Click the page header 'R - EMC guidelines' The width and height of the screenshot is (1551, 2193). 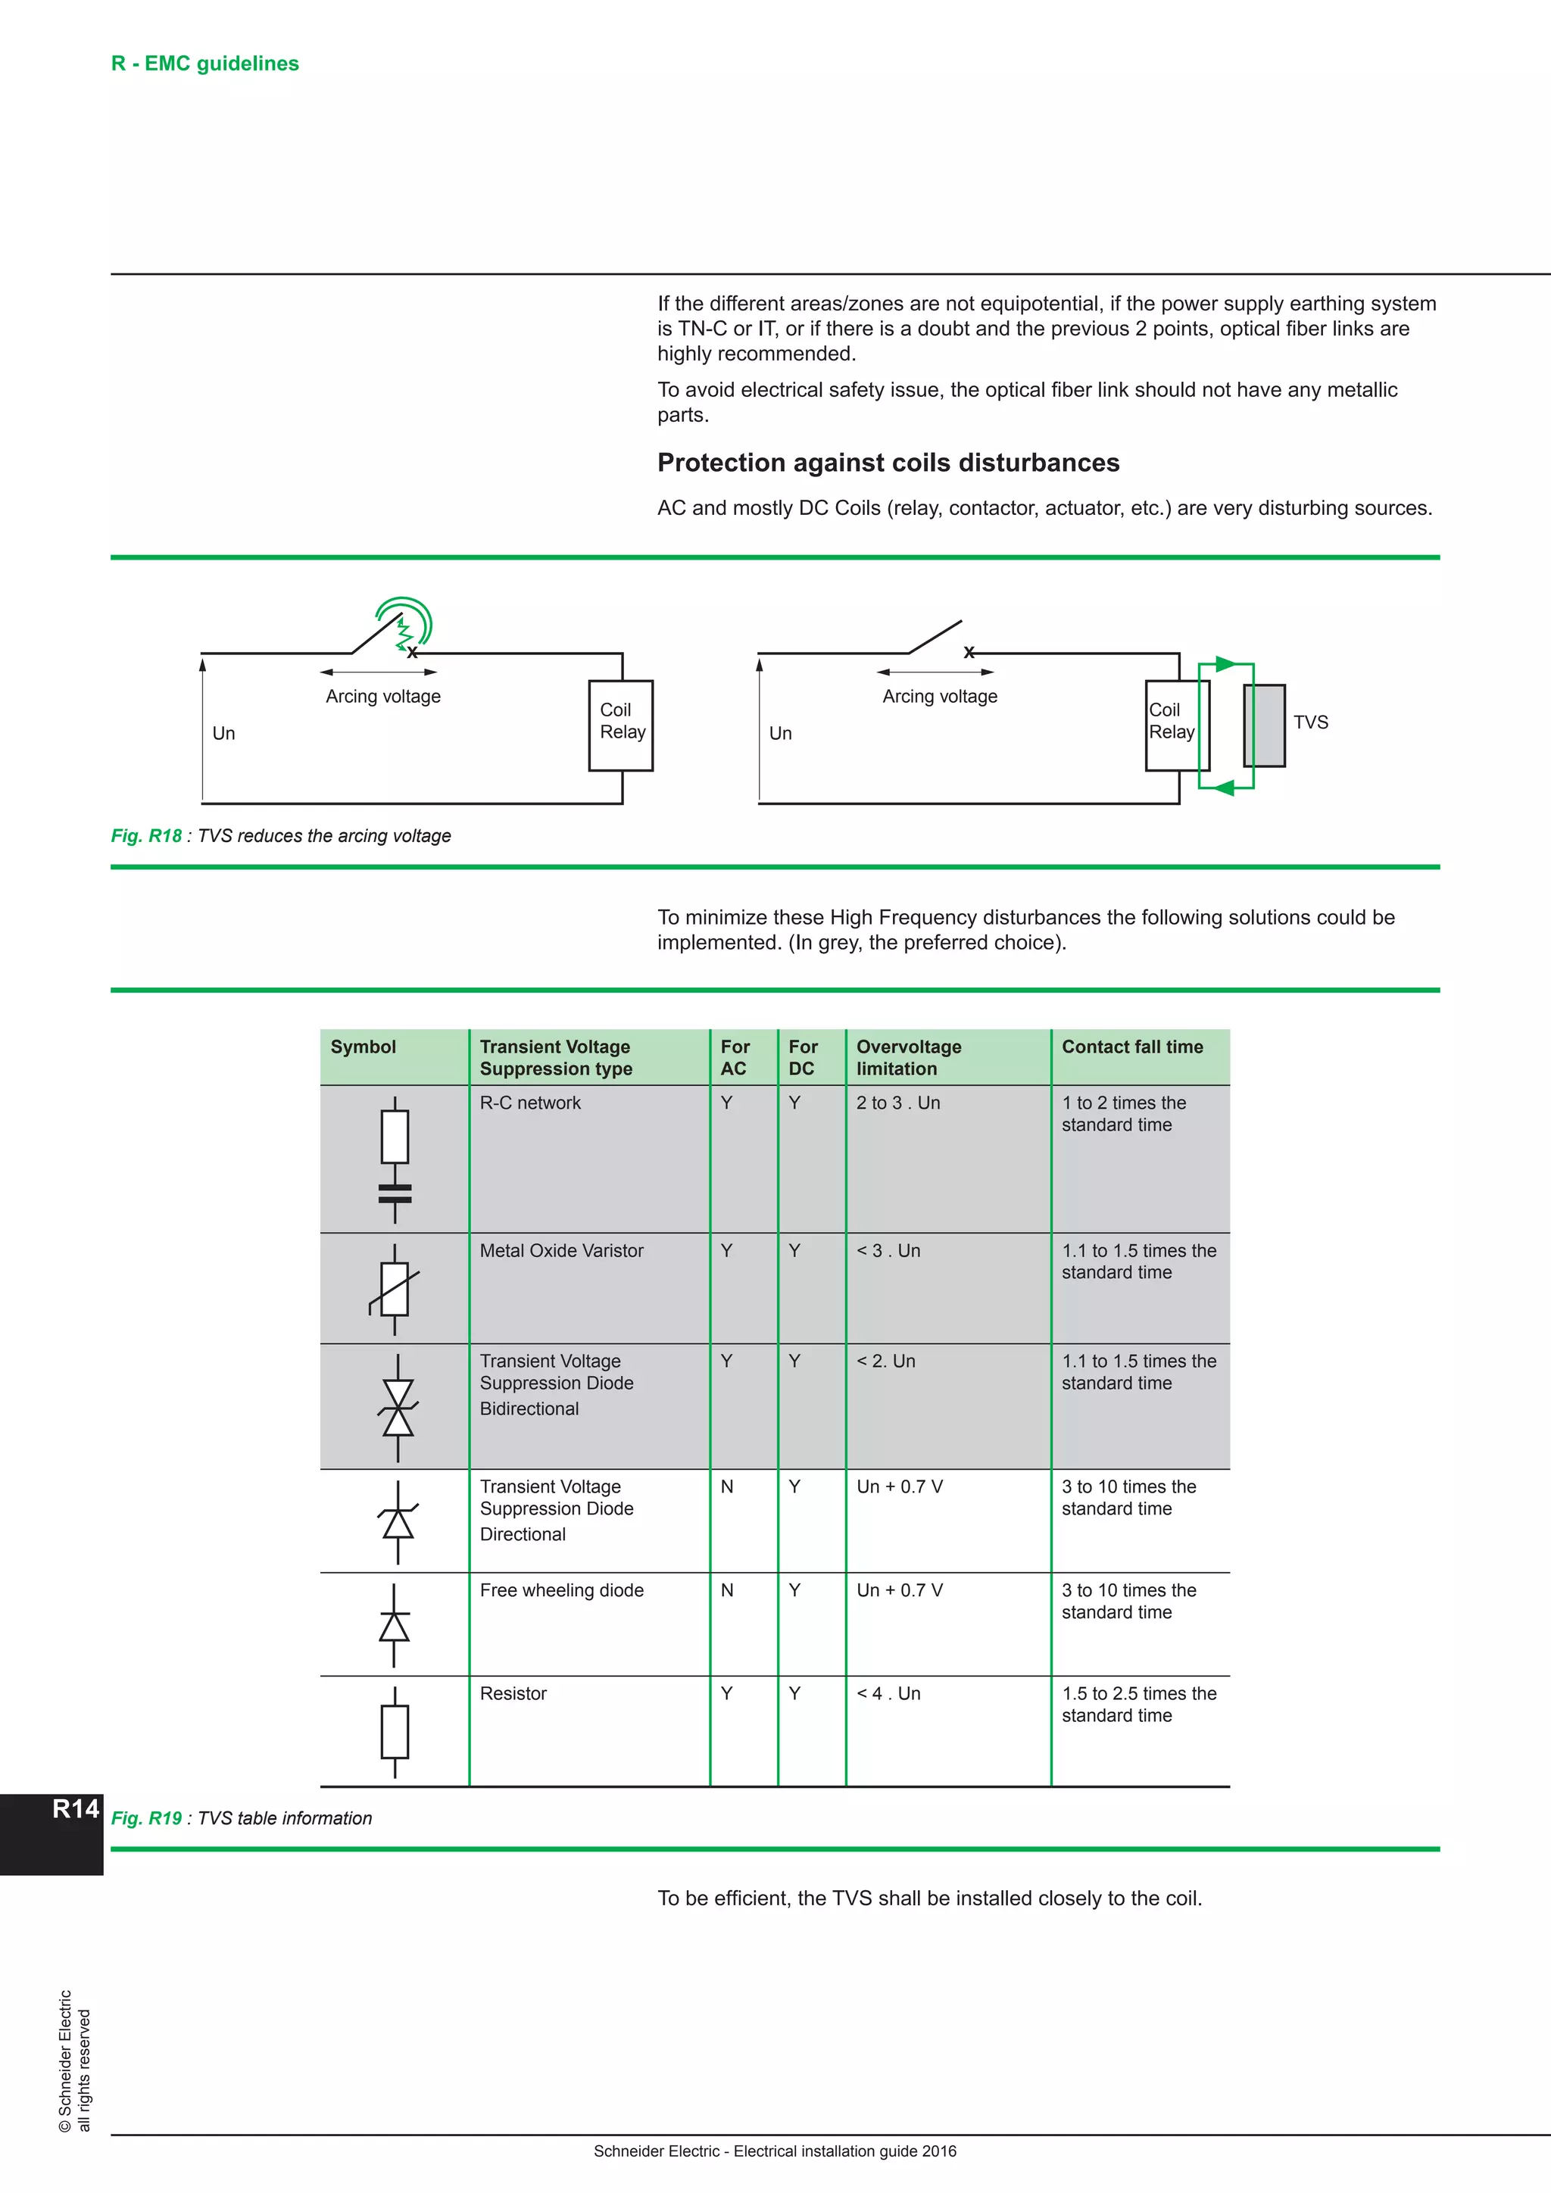204,63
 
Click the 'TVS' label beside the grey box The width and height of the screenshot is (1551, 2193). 1310,722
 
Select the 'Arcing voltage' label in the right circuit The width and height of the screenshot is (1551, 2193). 939,697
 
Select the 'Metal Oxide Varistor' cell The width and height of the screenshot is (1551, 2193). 562,1250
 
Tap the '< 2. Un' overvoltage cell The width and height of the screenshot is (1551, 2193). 885,1361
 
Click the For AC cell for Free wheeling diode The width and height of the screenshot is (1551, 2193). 727,1590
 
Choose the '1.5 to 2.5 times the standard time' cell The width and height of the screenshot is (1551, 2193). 1138,1704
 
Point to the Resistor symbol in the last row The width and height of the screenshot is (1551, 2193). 395,1732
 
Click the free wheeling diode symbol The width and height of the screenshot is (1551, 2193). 395,1625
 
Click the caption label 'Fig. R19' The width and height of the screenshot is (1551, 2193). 146,1819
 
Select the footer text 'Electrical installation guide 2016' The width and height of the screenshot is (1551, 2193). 844,2151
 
